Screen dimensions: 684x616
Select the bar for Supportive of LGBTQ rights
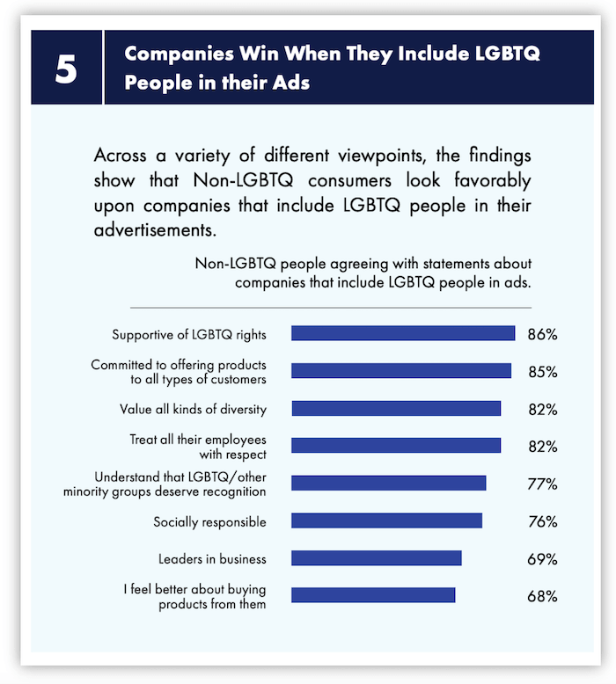click(402, 334)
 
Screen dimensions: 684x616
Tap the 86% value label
click(543, 335)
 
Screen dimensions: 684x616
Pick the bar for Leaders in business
click(376, 558)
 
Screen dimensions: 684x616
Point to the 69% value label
click(543, 559)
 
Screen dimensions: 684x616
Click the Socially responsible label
click(209, 521)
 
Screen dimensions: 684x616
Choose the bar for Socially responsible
click(386, 521)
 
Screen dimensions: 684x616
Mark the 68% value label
click(543, 597)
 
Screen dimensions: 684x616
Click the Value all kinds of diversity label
click(193, 409)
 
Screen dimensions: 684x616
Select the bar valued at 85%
click(400, 371)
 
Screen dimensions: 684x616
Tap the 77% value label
click(543, 484)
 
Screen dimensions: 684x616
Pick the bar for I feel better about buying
click(373, 596)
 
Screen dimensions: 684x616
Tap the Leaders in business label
click(212, 559)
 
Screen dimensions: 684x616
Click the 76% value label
click(543, 522)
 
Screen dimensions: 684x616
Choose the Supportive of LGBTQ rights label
click(189, 335)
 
